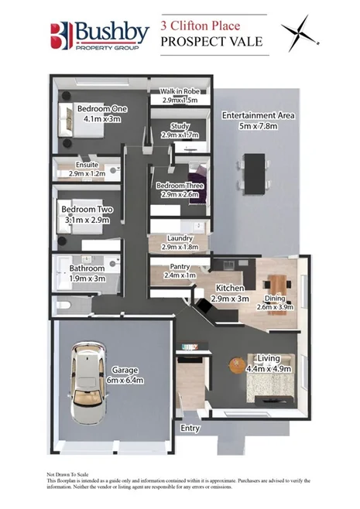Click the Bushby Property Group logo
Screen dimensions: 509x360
tap(100, 36)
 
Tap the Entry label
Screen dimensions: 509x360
tap(190, 427)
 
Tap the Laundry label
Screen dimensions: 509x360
tap(180, 238)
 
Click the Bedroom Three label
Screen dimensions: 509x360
tap(180, 186)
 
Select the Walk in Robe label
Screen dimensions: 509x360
tap(180, 92)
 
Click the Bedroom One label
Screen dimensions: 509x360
tap(96, 108)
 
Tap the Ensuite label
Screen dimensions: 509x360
tap(86, 165)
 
